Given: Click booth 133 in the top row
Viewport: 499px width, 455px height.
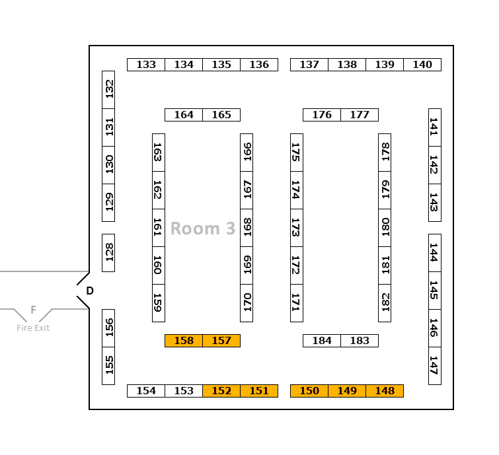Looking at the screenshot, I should (146, 65).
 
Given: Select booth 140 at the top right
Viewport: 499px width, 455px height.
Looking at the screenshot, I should (422, 65).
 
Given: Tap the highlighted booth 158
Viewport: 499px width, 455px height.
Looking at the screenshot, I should (184, 341).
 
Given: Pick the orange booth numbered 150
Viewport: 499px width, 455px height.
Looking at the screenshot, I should (309, 391).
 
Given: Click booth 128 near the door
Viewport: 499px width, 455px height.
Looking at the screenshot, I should (108, 252).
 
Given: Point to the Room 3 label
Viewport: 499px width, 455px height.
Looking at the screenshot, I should (203, 228).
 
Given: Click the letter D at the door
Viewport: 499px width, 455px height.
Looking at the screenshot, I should (90, 291).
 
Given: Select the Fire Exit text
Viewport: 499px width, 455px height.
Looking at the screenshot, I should (33, 328).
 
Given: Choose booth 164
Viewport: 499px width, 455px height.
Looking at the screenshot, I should (184, 115).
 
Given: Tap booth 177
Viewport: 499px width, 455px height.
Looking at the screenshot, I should (360, 115).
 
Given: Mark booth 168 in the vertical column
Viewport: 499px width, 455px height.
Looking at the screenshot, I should (247, 228).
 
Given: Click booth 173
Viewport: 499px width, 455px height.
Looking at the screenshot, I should (297, 228).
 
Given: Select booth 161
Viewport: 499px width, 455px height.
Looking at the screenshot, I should (159, 228).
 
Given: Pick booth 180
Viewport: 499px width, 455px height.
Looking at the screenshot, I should (385, 228).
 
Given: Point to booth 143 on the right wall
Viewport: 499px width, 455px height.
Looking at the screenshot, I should (435, 203).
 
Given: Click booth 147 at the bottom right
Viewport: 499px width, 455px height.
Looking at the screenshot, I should (435, 366).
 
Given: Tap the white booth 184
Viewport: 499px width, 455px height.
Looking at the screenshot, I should (322, 341).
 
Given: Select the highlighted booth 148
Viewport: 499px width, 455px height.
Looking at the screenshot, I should (385, 391).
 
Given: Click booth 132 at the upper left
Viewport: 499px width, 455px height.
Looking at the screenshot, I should (108, 90).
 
